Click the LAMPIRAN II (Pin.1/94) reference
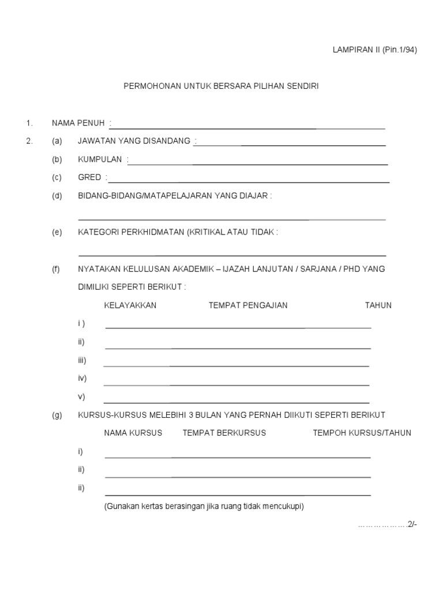pyautogui.click(x=374, y=50)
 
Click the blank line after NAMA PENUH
pyautogui.click(x=248, y=127)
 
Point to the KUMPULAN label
pyautogui.click(x=100, y=159)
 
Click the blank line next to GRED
pyautogui.click(x=248, y=182)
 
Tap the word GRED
pyautogui.click(x=89, y=177)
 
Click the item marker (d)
pyautogui.click(x=57, y=196)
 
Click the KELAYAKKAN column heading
pyautogui.click(x=130, y=305)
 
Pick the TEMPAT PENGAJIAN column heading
pyautogui.click(x=248, y=305)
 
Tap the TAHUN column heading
pyautogui.click(x=378, y=305)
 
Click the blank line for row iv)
pyautogui.click(x=236, y=384)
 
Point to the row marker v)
pyautogui.click(x=81, y=396)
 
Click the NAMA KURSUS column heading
pyautogui.click(x=133, y=433)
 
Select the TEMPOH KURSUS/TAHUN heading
pyautogui.click(x=362, y=433)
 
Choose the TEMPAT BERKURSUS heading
pyautogui.click(x=224, y=433)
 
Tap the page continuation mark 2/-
pyautogui.click(x=411, y=524)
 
